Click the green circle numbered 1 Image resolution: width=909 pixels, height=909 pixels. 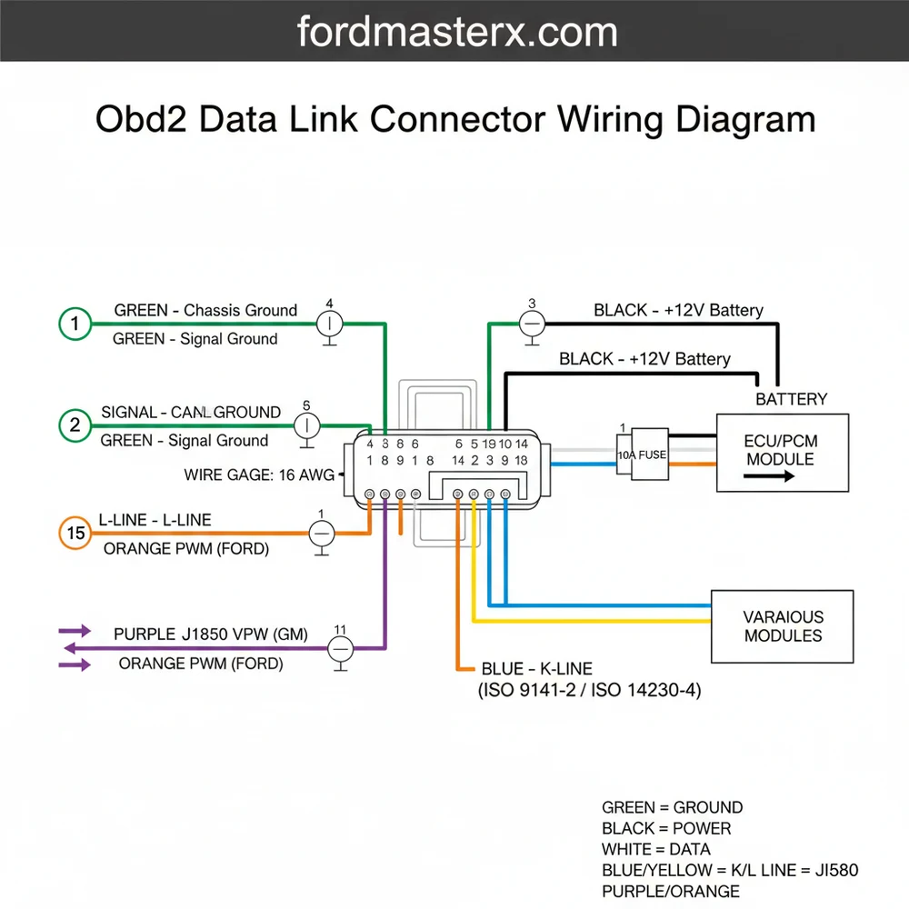[75, 324]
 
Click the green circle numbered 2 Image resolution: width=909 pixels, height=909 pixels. [75, 425]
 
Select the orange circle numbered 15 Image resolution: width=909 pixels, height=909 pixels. [75, 534]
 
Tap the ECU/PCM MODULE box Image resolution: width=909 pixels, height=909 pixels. [782, 452]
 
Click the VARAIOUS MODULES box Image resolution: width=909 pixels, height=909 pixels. [782, 626]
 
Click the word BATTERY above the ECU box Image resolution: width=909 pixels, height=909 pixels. [791, 398]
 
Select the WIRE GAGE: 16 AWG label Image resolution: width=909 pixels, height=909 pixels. [258, 474]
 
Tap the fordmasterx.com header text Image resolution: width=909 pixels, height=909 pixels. [457, 33]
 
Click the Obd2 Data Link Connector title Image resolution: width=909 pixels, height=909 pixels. [454, 121]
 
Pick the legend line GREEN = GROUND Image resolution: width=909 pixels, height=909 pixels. [672, 807]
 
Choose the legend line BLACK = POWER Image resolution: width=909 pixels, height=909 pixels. [666, 828]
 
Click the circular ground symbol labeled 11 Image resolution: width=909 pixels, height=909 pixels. [340, 648]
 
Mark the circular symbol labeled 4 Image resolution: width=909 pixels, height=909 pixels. [328, 323]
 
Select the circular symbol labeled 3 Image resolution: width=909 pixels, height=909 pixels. [532, 323]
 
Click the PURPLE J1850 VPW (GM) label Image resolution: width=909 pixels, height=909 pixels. [211, 634]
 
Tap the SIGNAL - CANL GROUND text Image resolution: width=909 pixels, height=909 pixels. [191, 412]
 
